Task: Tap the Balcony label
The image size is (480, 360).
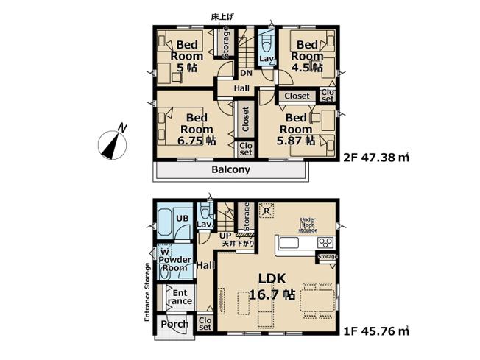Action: (230, 169)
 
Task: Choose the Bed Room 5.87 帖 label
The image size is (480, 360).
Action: (295, 129)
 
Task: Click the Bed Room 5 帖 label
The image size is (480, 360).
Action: (183, 56)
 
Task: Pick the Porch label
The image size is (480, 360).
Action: (174, 324)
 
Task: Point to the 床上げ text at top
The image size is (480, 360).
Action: (221, 15)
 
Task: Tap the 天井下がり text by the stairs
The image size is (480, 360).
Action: (240, 243)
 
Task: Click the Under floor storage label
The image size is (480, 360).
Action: (308, 225)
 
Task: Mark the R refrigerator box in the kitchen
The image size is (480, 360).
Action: (266, 209)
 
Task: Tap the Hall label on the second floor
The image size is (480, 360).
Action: (241, 88)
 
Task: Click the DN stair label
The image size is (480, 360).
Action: (245, 73)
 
